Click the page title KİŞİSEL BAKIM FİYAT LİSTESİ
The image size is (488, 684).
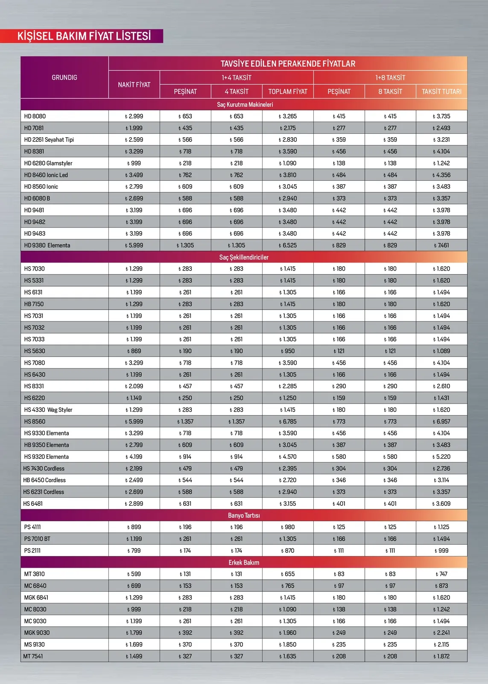(84, 36)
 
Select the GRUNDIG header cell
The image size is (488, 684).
(64, 77)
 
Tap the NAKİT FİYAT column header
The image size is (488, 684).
(134, 85)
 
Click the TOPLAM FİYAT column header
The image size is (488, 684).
(288, 91)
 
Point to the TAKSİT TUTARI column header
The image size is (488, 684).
(441, 91)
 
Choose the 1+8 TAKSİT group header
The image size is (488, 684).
(390, 77)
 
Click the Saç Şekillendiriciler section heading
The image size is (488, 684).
(244, 257)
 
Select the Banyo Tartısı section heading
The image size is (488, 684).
(244, 516)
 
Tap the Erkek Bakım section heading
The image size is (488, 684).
(244, 563)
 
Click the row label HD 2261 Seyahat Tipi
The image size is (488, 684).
(49, 140)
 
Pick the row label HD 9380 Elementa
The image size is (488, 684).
(47, 245)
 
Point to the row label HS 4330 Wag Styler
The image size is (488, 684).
(48, 410)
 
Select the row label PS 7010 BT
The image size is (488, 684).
(37, 539)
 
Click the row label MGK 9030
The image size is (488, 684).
(37, 633)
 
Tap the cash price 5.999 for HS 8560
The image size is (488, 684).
(134, 422)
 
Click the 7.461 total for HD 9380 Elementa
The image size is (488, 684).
(441, 245)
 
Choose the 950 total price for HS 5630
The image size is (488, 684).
(288, 351)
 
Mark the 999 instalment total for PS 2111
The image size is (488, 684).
(441, 551)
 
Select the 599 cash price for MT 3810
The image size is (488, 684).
(134, 574)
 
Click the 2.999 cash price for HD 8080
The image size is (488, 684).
(134, 116)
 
